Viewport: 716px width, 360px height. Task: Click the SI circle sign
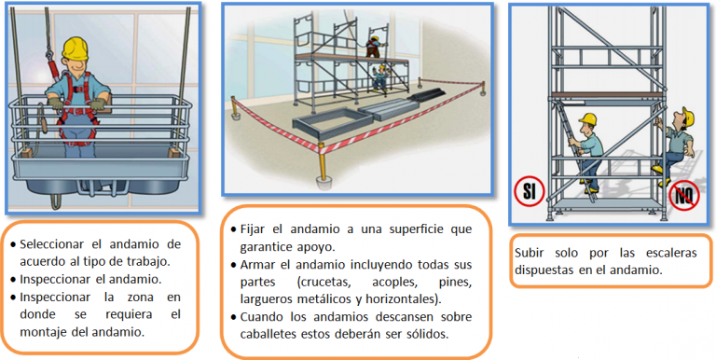point(530,192)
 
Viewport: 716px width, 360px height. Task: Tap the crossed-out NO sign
point(684,197)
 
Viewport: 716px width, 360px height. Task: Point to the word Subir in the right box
point(530,253)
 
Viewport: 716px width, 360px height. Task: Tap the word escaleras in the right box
point(671,253)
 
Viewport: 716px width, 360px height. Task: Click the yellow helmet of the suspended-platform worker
point(76,48)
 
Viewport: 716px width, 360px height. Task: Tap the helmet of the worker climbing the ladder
point(587,119)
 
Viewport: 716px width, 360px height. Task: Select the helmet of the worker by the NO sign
point(688,117)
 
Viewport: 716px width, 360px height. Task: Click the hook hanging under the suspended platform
point(56,201)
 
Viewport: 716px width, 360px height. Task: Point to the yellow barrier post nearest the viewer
point(323,165)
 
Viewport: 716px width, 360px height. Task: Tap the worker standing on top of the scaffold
point(374,48)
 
